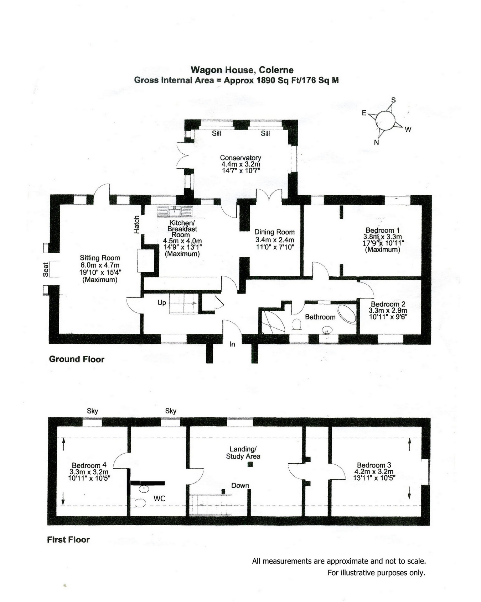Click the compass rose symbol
coord(385,120)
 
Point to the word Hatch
coord(136,225)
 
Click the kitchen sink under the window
coord(175,211)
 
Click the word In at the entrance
coord(232,344)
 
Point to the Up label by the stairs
coord(162,303)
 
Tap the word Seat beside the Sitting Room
coord(45,269)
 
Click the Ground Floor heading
coord(77,359)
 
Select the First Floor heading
coord(68,540)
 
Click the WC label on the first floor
coord(159,498)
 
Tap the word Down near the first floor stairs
coord(240,485)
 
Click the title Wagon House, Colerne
coord(242,70)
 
